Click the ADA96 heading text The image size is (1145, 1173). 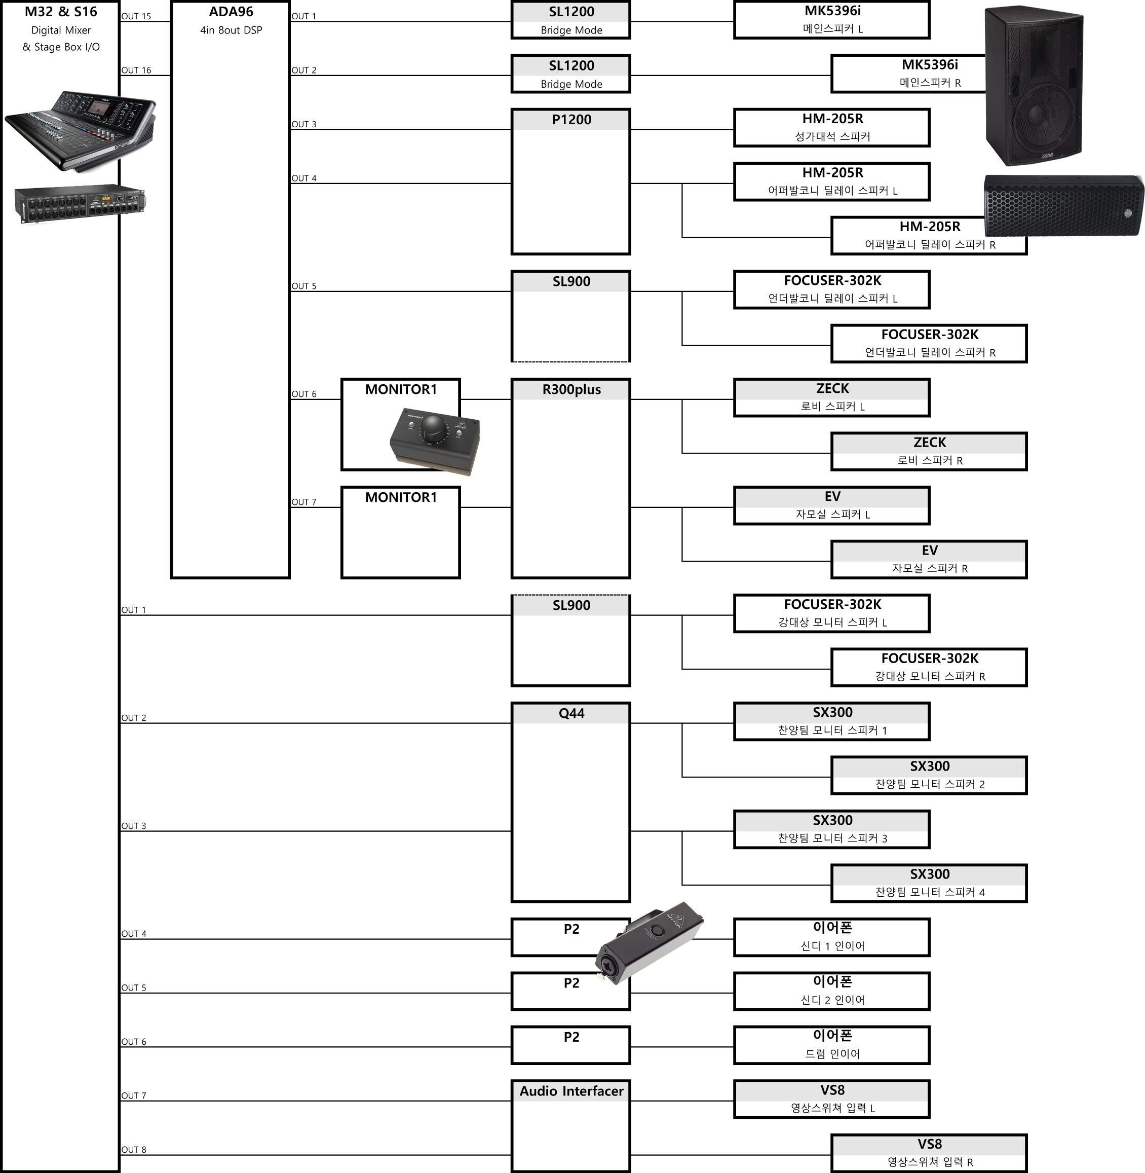click(231, 12)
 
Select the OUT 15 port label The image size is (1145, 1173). click(136, 16)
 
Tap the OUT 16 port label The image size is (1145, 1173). click(136, 70)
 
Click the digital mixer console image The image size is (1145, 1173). click(80, 131)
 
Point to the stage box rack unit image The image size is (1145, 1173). click(80, 203)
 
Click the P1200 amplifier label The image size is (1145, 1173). click(571, 120)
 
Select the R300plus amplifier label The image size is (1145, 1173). click(571, 390)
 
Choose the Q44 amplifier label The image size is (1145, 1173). click(571, 713)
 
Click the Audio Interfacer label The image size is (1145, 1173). click(571, 1091)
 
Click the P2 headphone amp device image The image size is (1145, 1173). click(648, 943)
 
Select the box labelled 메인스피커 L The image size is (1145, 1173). click(832, 20)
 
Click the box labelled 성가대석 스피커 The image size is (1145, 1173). click(832, 128)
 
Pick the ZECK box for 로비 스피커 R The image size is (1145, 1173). click(929, 451)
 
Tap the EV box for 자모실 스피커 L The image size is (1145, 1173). click(832, 505)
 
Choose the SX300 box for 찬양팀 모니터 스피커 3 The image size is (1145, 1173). click(832, 829)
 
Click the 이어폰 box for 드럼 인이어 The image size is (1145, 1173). click(832, 1045)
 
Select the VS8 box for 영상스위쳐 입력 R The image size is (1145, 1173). click(929, 1153)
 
